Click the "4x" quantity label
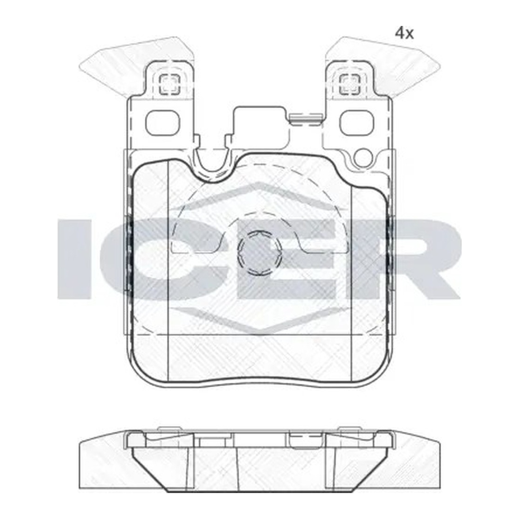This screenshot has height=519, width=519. pos(404,34)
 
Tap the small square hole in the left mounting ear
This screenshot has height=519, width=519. pos(170,84)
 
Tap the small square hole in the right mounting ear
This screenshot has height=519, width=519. pos(350,84)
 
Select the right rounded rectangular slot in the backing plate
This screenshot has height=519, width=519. pos(357,123)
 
